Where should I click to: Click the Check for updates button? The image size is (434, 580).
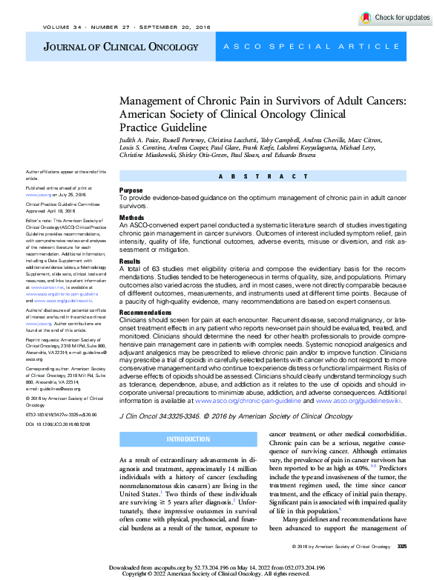395,17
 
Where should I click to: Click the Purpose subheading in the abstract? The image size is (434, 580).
131,190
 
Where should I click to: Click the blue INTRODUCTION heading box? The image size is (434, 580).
188,439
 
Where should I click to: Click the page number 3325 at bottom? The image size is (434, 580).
402,547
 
